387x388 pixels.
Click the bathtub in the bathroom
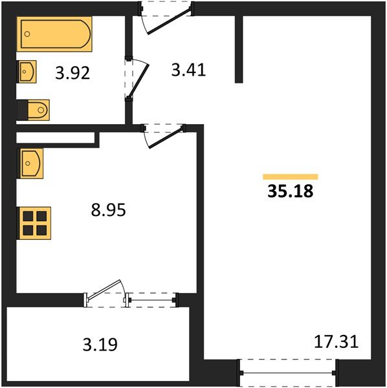tap(54, 34)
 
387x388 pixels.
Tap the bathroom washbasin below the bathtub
tap(27, 71)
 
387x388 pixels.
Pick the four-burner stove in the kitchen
tap(34, 222)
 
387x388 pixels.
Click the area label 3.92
tap(72, 73)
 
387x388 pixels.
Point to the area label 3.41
tap(188, 70)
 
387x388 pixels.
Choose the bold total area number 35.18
tap(290, 192)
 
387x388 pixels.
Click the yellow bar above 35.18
tap(290, 176)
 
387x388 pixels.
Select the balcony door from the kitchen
tap(105, 294)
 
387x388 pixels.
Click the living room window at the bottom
tap(287, 372)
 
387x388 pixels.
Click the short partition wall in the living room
tap(239, 49)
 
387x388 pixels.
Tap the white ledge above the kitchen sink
tap(56, 138)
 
